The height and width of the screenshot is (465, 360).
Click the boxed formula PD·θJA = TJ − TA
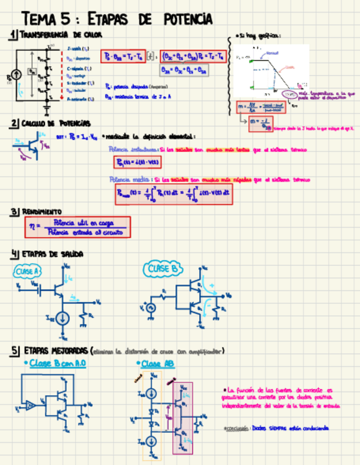point(127,56)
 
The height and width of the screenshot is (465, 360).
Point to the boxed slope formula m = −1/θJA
point(260,124)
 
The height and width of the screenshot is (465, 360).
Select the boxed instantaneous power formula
point(134,162)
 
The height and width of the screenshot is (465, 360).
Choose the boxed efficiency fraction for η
point(77,227)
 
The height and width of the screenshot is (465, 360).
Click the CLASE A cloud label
point(27,272)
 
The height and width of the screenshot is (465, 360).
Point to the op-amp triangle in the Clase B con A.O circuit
point(31,406)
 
